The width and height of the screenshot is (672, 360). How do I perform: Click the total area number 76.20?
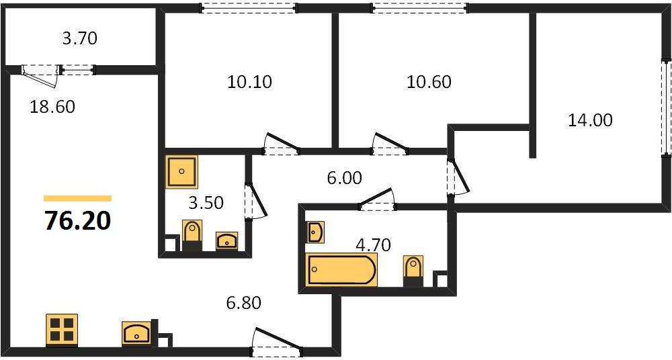click(77, 221)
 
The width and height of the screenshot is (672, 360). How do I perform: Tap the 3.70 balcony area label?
click(80, 38)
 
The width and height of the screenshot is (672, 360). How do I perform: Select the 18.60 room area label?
click(52, 107)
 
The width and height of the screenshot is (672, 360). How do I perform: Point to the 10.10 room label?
click(249, 82)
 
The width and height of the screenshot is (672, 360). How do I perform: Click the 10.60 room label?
click(429, 82)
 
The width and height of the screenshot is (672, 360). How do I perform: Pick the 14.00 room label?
click(590, 120)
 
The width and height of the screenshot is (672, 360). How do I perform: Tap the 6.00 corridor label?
click(345, 177)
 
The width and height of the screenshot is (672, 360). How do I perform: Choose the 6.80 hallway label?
click(243, 303)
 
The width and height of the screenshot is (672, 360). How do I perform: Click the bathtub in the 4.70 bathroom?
click(341, 269)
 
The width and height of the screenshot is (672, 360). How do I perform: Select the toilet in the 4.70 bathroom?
click(413, 271)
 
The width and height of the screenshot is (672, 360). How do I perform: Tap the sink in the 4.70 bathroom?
click(315, 232)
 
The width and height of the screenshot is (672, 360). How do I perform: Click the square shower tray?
click(181, 171)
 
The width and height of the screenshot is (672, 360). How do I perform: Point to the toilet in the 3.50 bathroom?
click(192, 235)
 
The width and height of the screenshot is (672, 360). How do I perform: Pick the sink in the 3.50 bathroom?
click(226, 241)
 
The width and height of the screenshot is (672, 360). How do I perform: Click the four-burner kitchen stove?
click(62, 330)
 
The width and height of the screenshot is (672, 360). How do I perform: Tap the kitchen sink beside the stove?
click(136, 333)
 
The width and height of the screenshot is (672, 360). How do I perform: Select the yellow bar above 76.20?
click(77, 198)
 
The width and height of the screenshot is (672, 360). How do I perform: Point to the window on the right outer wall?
click(666, 107)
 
